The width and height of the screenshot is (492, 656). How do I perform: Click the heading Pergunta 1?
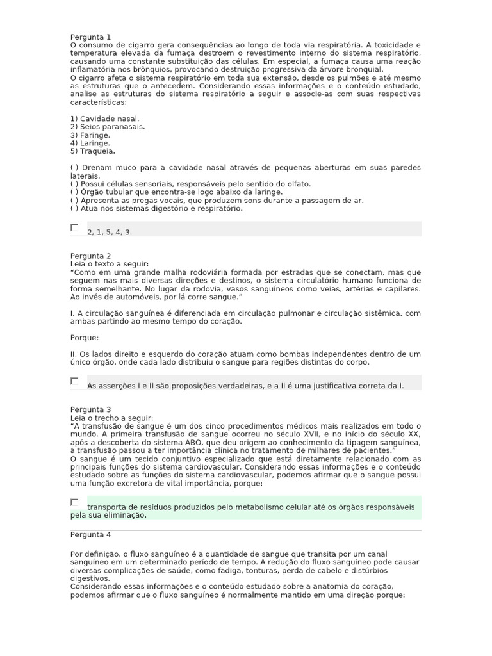pyautogui.click(x=90, y=37)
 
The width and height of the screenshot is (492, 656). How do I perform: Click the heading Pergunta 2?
pyautogui.click(x=90, y=256)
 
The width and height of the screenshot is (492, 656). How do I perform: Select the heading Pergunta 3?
pyautogui.click(x=90, y=409)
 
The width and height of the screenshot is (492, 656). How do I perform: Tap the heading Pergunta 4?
pyautogui.click(x=90, y=534)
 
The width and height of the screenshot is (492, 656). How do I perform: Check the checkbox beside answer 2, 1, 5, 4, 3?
pyautogui.click(x=74, y=227)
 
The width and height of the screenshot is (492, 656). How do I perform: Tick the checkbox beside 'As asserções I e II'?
pyautogui.click(x=74, y=381)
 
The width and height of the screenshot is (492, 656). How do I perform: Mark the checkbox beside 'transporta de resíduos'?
pyautogui.click(x=74, y=502)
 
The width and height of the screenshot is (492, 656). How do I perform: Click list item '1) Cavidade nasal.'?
pyautogui.click(x=104, y=119)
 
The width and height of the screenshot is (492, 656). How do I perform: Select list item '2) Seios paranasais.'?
pyautogui.click(x=107, y=127)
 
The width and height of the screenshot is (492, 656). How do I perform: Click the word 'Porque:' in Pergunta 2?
pyautogui.click(x=85, y=338)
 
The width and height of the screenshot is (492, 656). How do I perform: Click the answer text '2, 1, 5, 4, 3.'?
pyautogui.click(x=110, y=232)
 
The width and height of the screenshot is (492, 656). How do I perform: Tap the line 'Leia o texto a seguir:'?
pyautogui.click(x=109, y=264)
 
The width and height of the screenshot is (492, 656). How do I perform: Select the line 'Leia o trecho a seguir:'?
pyautogui.click(x=111, y=418)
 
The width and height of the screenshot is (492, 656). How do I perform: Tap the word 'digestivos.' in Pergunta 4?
pyautogui.click(x=90, y=578)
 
